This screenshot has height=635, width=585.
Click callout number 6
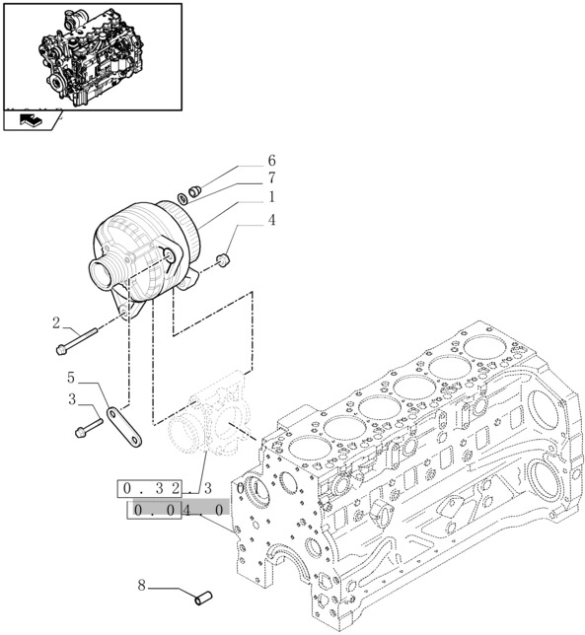click(271, 161)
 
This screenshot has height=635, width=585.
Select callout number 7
click(271, 178)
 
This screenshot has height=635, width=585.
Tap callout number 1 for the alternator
click(271, 196)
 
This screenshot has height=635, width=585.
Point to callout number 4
click(271, 220)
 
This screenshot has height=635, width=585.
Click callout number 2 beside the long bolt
click(56, 322)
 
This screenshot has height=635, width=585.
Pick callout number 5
click(72, 378)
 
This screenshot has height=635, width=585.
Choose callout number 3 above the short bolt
click(72, 398)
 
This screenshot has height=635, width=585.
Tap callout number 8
click(142, 586)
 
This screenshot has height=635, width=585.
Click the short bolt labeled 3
click(88, 427)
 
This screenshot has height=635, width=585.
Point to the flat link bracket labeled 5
click(124, 425)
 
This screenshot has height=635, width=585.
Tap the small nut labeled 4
click(224, 259)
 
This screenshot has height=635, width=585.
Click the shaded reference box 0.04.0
click(178, 509)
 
